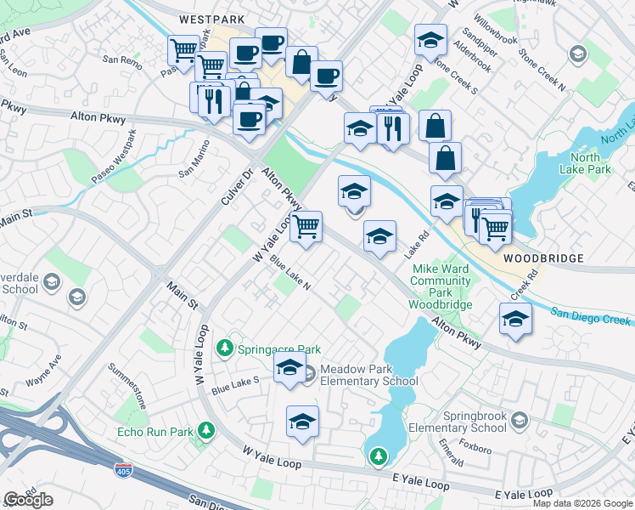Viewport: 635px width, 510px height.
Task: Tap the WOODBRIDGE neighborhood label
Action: (x=542, y=258)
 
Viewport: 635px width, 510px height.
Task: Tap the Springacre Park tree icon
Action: (x=225, y=348)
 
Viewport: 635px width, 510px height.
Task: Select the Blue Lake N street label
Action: (x=290, y=274)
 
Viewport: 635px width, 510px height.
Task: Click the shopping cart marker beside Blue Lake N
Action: (x=306, y=227)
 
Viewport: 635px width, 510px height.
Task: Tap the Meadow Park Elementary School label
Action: (x=368, y=375)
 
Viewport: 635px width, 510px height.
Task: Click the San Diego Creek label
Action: (x=591, y=316)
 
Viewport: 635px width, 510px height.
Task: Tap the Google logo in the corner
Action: (x=28, y=500)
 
